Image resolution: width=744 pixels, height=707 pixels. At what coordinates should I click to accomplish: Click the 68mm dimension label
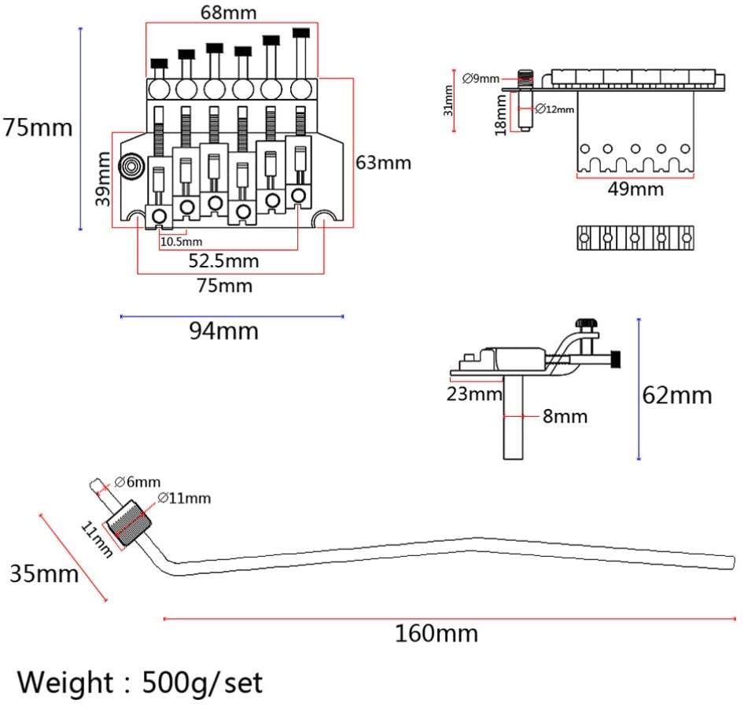click(x=228, y=13)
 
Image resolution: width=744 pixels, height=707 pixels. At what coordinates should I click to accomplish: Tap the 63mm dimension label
click(x=383, y=163)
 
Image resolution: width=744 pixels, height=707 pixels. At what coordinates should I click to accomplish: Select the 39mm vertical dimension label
click(x=103, y=179)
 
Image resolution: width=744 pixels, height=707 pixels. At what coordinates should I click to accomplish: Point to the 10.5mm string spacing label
click(x=181, y=241)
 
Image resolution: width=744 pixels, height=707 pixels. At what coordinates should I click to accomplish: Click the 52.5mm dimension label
click(x=223, y=261)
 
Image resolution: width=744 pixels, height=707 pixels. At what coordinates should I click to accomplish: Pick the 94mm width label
click(x=224, y=331)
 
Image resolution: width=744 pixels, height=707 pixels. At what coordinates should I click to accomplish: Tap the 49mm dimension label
click(x=635, y=190)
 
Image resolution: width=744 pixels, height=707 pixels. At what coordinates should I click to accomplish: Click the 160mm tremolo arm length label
click(x=436, y=633)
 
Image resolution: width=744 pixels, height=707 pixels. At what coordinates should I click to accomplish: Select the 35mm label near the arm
click(x=44, y=573)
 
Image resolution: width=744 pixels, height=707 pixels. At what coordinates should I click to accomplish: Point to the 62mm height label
click(x=677, y=396)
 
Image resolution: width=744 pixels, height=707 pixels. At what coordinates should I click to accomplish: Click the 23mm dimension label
click(x=474, y=394)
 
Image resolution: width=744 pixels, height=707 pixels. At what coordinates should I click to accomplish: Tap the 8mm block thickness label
click(x=565, y=416)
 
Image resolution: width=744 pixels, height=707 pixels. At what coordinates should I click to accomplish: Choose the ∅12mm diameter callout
click(x=554, y=109)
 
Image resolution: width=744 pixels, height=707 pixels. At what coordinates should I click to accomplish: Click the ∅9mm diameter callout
click(x=481, y=79)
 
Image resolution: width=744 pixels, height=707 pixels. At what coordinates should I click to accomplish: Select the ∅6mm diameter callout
click(x=138, y=482)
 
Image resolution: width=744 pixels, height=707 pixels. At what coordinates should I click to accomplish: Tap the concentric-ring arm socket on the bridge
click(x=131, y=167)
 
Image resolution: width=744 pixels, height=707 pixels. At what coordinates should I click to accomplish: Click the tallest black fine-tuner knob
click(x=301, y=33)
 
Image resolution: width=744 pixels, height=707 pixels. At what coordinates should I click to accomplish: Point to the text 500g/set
click(x=202, y=683)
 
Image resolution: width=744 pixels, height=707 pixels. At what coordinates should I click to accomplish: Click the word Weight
click(x=65, y=683)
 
